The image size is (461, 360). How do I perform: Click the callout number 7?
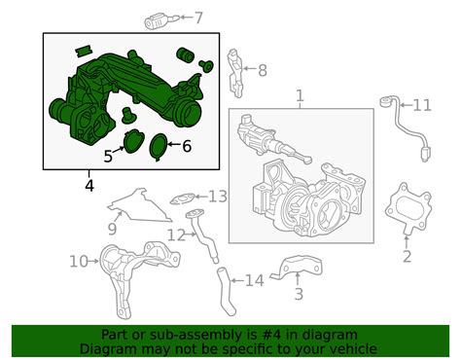pos(198,18)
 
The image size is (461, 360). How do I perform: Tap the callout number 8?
pos(263,70)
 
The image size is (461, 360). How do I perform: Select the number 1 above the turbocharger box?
pos(301,95)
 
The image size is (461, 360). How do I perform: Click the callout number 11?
pos(422,105)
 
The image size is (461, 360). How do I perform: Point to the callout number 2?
pos(407,256)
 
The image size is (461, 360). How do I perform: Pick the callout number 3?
pos(299,294)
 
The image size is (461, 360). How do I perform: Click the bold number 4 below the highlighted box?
pos(89,186)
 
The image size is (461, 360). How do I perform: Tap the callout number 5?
pos(108,157)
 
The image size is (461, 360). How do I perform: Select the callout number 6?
pos(187,146)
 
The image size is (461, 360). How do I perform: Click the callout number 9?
pos(112,229)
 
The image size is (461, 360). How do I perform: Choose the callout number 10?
pos(79,261)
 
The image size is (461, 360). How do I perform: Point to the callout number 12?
pos(176,235)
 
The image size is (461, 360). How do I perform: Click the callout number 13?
pos(218,197)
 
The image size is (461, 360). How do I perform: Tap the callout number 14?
pos(255,280)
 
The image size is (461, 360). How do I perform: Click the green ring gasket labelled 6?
pos(159,147)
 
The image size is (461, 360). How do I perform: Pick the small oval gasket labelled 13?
pos(183,199)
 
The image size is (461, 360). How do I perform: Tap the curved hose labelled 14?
pos(227,291)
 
